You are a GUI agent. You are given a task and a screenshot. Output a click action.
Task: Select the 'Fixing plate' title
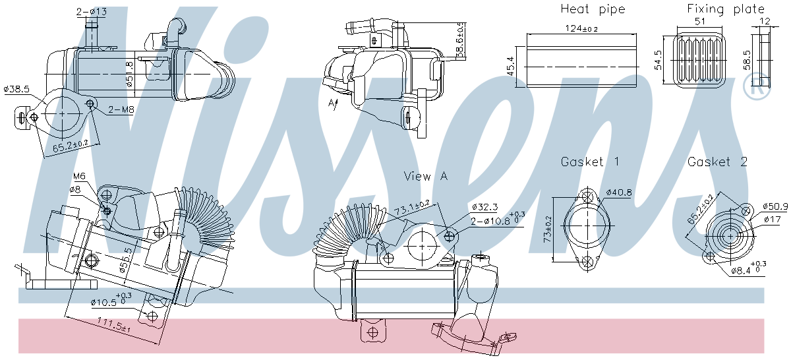(x=726, y=9)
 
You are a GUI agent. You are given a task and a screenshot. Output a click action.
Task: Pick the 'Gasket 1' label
(x=591, y=162)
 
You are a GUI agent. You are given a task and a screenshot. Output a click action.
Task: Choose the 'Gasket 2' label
(x=718, y=162)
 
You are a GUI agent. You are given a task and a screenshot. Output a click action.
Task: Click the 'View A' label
(x=426, y=176)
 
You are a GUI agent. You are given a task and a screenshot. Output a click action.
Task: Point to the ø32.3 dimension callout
(x=486, y=206)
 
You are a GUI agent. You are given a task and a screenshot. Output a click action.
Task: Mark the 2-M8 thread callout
(x=119, y=109)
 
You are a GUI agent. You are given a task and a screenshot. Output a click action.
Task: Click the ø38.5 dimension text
(x=16, y=88)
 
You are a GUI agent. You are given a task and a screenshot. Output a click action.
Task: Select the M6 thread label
(x=79, y=176)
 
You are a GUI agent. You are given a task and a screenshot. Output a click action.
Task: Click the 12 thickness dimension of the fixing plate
(x=765, y=21)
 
